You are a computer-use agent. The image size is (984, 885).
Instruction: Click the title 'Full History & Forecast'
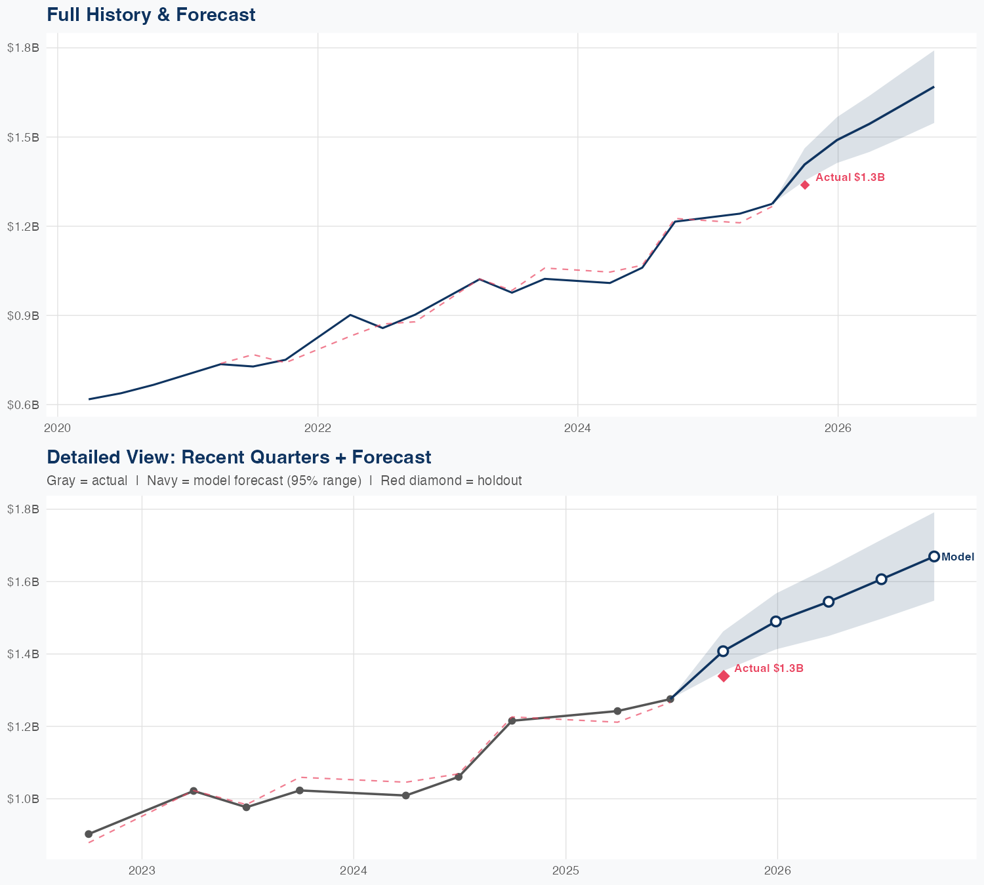point(151,14)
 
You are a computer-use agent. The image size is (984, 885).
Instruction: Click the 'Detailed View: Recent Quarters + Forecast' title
point(239,457)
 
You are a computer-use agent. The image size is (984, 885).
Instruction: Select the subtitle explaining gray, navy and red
point(284,481)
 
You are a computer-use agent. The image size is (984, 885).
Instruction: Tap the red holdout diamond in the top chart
point(805,185)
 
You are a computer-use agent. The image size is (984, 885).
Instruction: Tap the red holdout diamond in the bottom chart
point(724,676)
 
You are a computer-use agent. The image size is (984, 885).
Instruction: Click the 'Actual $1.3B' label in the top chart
point(850,178)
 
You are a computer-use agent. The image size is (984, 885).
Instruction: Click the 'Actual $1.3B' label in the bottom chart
point(769,669)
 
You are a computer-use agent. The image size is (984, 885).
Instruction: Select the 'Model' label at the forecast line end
point(958,557)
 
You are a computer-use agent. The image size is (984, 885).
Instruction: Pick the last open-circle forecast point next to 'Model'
point(934,557)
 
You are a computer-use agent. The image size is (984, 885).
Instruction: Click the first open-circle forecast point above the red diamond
point(723,651)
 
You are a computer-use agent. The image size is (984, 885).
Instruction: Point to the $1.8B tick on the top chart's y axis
point(23,48)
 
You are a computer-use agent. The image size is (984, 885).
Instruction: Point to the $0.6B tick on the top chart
point(23,404)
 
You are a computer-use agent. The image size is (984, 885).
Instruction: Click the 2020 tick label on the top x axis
point(58,429)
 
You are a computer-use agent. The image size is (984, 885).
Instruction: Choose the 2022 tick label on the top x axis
point(318,429)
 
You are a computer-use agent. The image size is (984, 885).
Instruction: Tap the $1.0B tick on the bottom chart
point(23,798)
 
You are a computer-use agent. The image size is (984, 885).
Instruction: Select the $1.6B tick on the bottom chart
point(23,581)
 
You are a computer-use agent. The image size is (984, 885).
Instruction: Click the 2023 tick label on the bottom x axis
point(142,871)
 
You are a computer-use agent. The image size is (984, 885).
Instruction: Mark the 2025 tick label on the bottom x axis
point(565,871)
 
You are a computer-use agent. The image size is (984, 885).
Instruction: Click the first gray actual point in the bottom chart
point(89,834)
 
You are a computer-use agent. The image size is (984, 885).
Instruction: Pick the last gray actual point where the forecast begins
point(670,699)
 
